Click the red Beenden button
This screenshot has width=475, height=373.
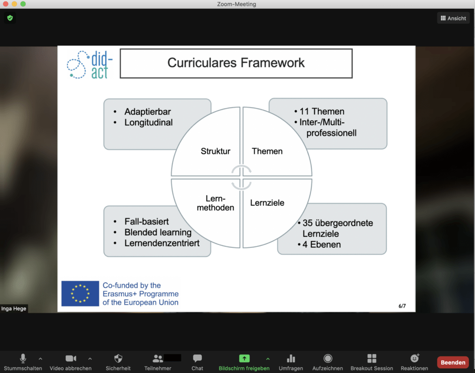pos(453,362)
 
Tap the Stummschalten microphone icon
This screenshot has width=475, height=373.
pos(23,358)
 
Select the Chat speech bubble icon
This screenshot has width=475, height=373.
pos(197,358)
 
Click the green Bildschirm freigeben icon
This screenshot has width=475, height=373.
pos(244,358)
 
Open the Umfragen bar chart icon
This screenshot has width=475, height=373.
pos(291,359)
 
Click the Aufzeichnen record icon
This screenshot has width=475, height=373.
pos(327,359)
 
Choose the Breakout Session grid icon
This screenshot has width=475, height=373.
pos(372,359)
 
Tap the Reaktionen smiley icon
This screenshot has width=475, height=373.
pos(414,358)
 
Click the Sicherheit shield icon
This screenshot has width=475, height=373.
pos(118,359)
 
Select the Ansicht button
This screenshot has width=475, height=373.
pos(453,18)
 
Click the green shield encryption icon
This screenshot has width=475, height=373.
pos(10,18)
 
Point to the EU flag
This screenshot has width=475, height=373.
pos(80,293)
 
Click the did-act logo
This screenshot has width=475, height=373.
pos(90,65)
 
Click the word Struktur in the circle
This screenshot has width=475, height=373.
pos(215,151)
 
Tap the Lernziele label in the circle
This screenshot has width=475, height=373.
pos(267,202)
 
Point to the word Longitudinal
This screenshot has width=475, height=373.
pos(148,122)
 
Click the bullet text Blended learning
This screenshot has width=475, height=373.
pos(158,232)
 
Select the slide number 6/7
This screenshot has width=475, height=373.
pos(402,306)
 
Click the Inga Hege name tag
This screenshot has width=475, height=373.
pos(13,309)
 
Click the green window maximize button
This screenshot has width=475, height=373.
pos(23,4)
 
